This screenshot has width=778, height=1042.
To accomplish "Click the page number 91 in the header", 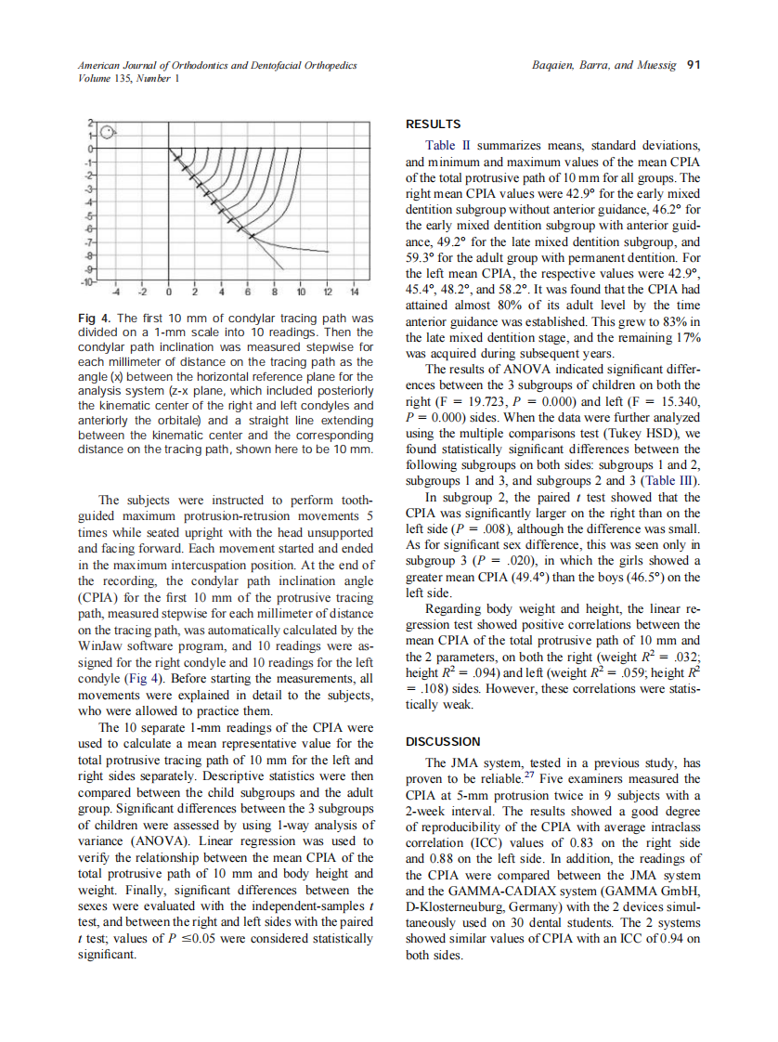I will coord(692,65).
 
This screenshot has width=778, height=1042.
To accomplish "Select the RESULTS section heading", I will coord(434,124).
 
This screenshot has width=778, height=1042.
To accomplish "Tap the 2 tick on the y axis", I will coord(91,123).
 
